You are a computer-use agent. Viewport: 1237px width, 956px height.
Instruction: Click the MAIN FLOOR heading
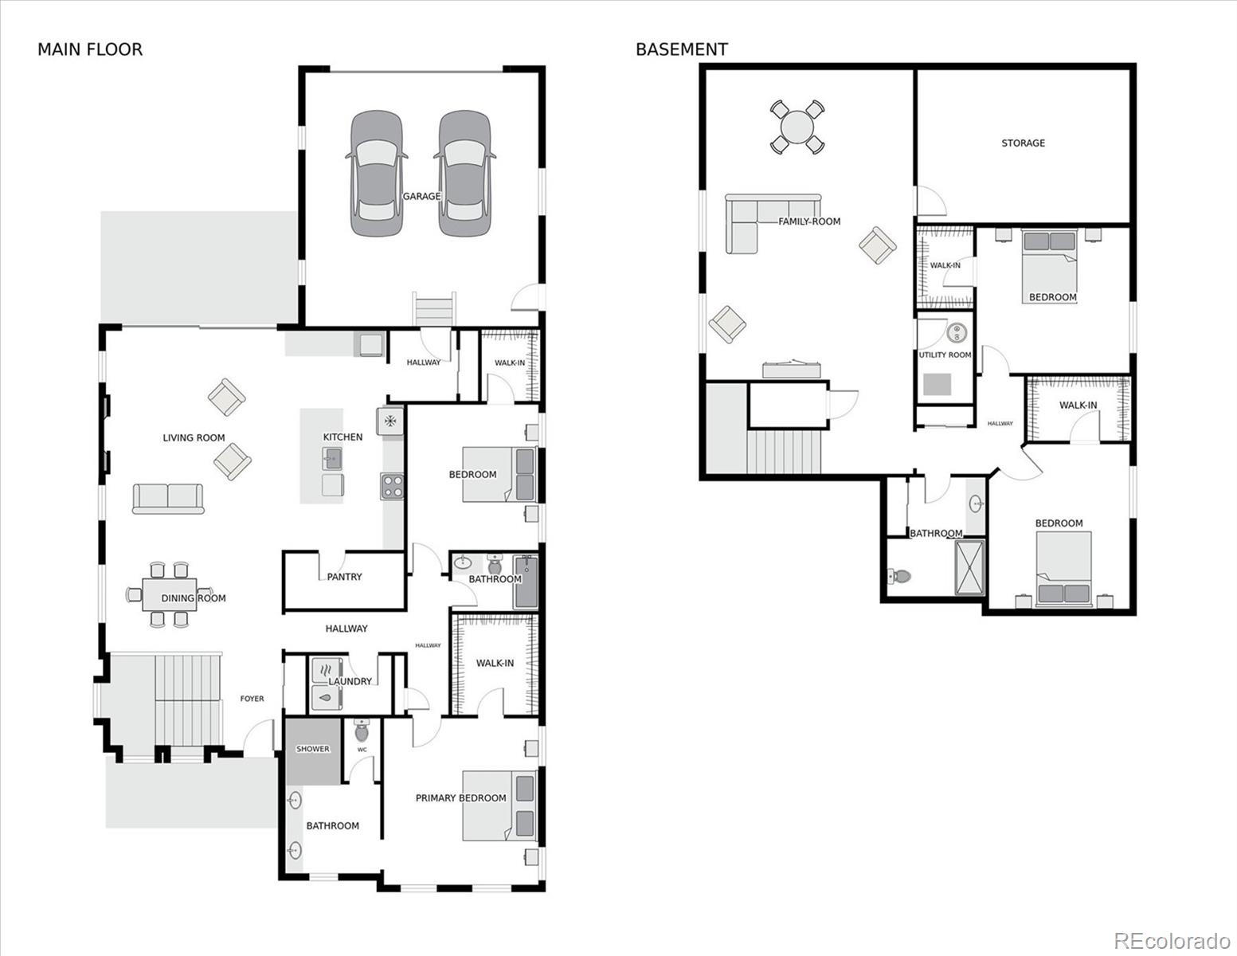pyautogui.click(x=90, y=49)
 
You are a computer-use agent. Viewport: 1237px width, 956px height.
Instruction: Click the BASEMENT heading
pyautogui.click(x=681, y=49)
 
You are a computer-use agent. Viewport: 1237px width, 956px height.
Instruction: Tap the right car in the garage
pyautogui.click(x=464, y=173)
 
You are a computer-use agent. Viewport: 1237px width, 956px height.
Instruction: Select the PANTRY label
pyautogui.click(x=344, y=577)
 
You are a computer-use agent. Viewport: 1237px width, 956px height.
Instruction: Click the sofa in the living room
pyautogui.click(x=168, y=498)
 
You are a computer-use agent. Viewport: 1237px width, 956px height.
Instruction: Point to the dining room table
pyautogui.click(x=167, y=594)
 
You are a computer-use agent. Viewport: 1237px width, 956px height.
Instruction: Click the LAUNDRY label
pyautogui.click(x=350, y=681)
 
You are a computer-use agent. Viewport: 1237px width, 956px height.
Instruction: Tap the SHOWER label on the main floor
pyautogui.click(x=312, y=749)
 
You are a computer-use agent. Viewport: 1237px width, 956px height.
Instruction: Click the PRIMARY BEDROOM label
pyautogui.click(x=460, y=797)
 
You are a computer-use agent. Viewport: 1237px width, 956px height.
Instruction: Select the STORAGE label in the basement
pyautogui.click(x=1023, y=143)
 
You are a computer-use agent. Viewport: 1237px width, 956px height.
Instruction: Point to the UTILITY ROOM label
pyautogui.click(x=945, y=355)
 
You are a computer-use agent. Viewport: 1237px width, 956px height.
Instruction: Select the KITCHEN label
pyautogui.click(x=343, y=437)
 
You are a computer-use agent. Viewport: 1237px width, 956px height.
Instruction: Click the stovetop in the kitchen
pyautogui.click(x=391, y=485)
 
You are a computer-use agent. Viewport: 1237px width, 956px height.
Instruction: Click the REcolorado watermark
pyautogui.click(x=1171, y=940)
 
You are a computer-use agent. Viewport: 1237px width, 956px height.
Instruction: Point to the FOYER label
pyautogui.click(x=252, y=699)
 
